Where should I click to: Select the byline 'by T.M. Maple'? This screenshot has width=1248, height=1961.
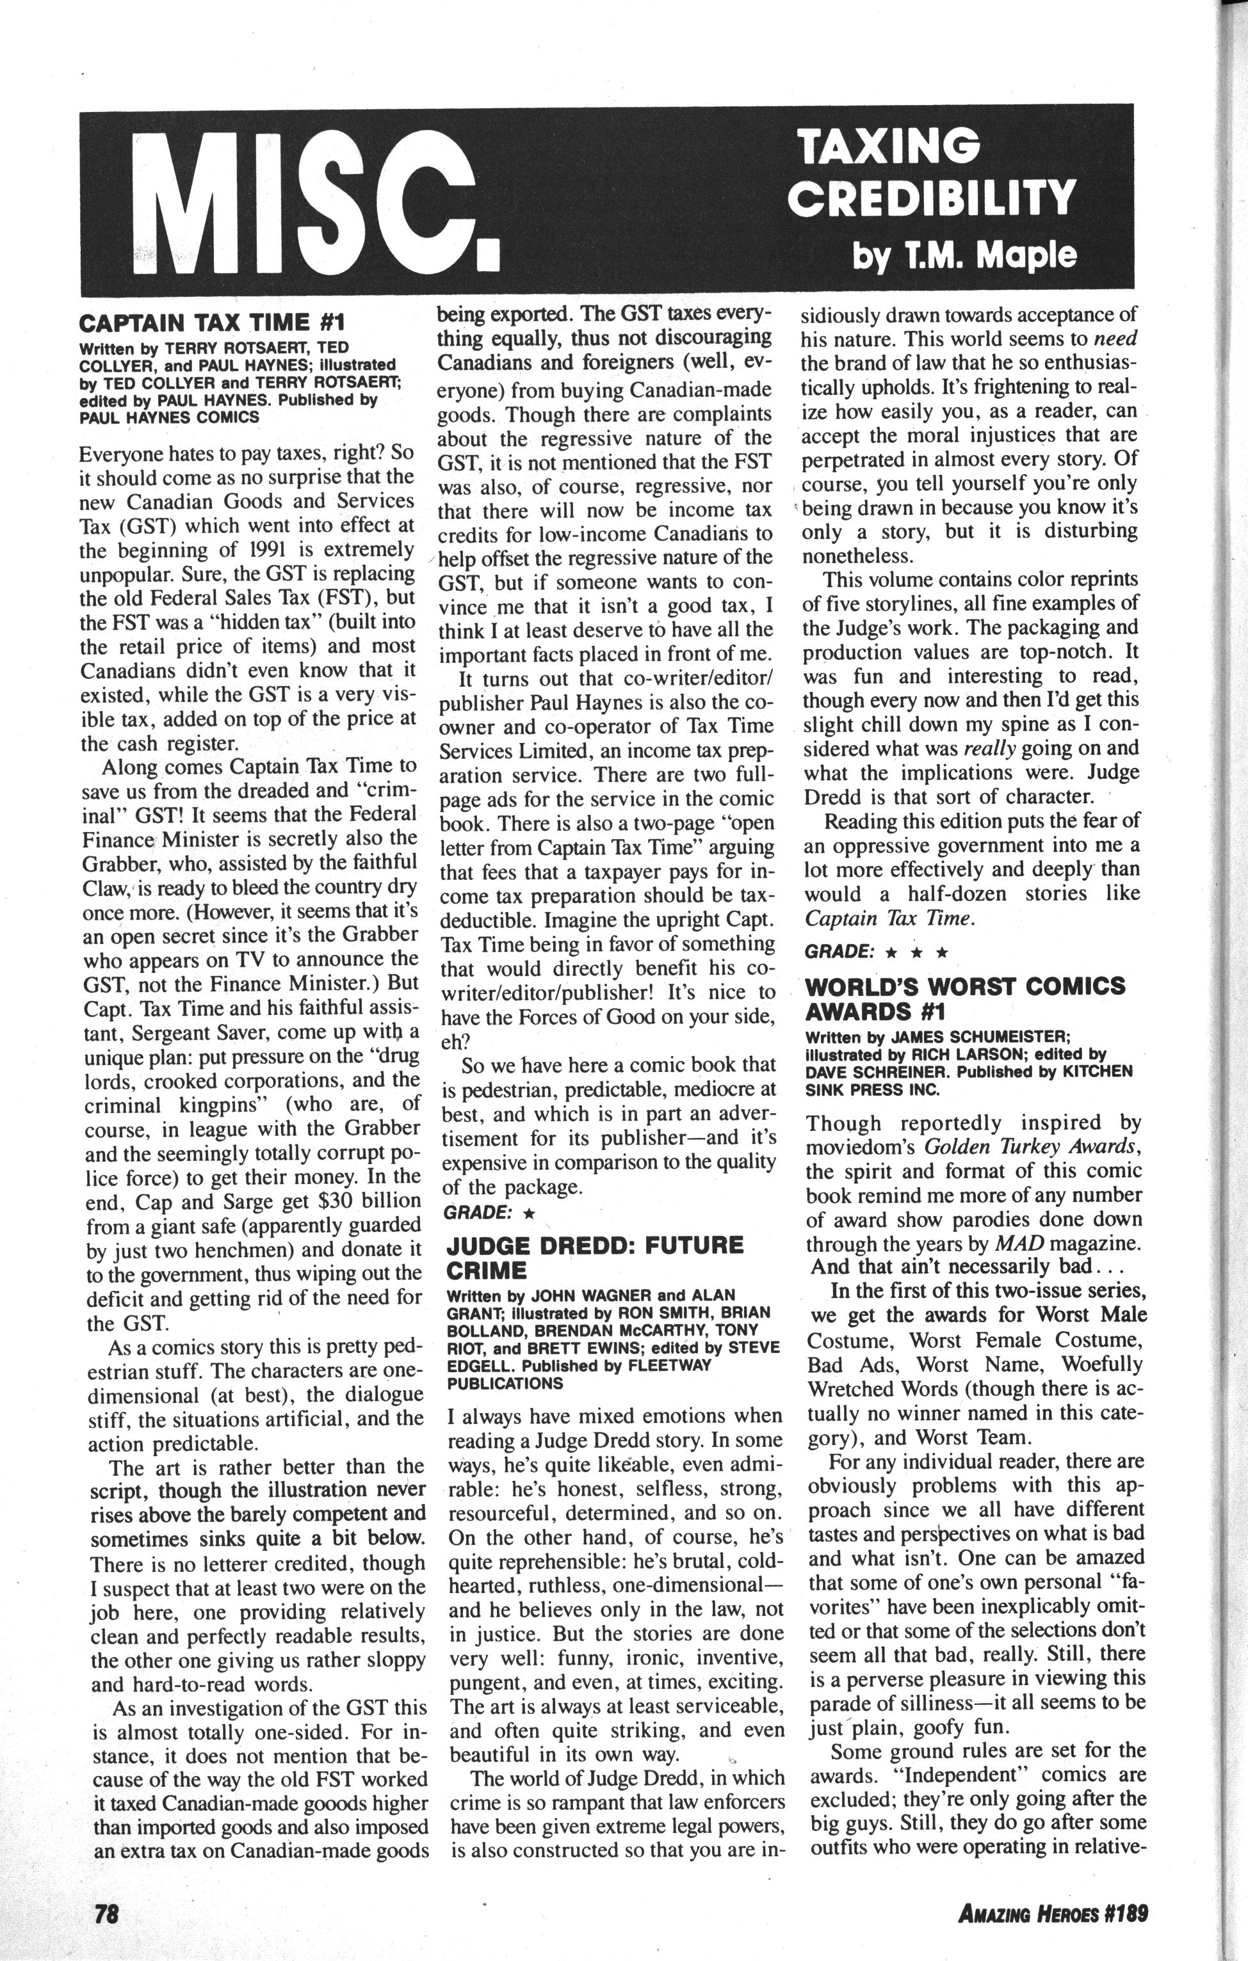click(x=964, y=256)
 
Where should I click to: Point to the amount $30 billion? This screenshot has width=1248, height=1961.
click(x=370, y=1201)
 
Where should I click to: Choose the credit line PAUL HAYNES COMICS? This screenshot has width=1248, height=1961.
click(x=170, y=417)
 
